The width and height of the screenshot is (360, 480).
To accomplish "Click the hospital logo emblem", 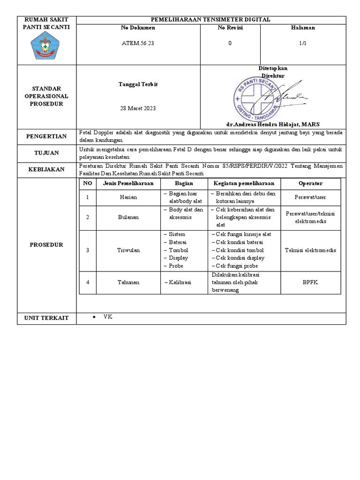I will [x=47, y=46].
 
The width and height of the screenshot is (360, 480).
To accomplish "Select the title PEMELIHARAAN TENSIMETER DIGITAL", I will [x=210, y=19].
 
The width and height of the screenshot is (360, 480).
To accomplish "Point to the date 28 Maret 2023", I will [x=138, y=108].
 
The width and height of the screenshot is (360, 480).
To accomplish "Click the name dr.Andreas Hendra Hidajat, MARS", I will [x=272, y=124].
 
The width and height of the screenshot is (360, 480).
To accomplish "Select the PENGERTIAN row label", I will [x=47, y=136].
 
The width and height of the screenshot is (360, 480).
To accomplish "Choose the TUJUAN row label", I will [x=47, y=153].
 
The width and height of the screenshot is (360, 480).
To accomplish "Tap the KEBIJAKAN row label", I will [x=47, y=169].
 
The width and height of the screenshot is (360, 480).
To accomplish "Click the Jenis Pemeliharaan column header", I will [x=128, y=183].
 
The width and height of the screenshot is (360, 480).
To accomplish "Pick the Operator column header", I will [x=310, y=183].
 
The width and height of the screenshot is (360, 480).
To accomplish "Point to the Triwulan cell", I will [x=128, y=250].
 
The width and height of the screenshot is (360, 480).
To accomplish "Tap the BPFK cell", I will [x=310, y=282].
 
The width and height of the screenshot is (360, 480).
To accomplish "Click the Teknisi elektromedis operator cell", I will [x=310, y=250].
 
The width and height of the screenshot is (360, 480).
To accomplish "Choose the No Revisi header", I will [x=230, y=28].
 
